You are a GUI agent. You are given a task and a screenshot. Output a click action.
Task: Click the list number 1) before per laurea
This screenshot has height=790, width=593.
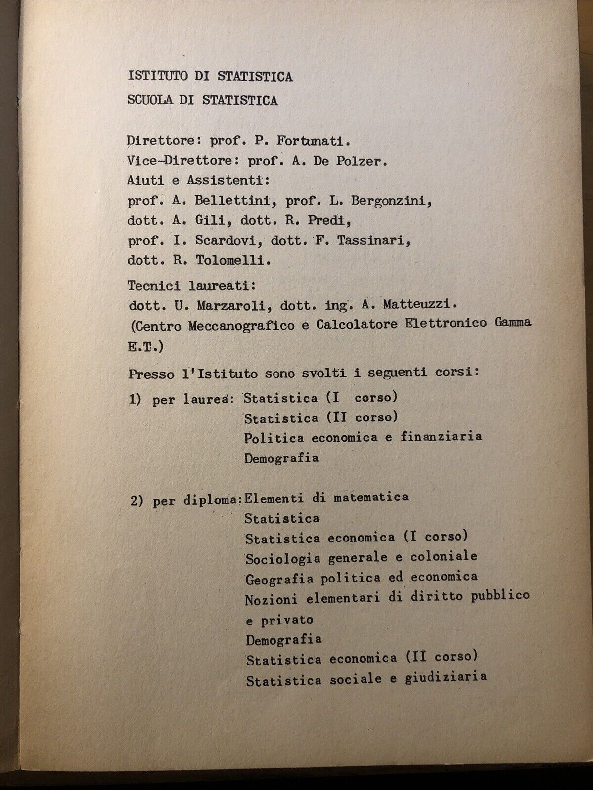[x=135, y=399]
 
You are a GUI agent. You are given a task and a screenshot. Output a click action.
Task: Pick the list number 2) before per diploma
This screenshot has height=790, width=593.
[x=137, y=500]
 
